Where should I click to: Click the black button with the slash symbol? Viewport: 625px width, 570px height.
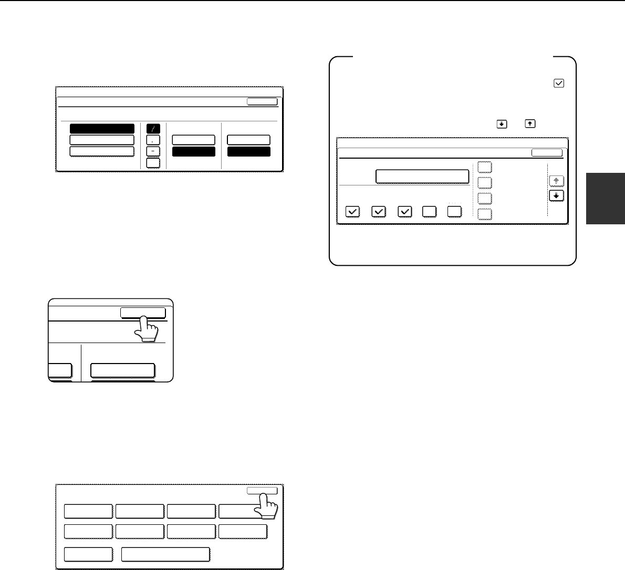[153, 129]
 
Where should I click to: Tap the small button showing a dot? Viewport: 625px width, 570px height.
[153, 140]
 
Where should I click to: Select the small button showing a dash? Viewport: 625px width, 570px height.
[153, 151]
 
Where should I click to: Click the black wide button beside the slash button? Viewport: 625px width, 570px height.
[102, 129]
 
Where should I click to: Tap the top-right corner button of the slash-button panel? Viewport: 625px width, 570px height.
[262, 102]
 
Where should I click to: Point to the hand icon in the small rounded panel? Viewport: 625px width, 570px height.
[145, 329]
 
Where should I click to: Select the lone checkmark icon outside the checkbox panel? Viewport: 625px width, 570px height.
[559, 83]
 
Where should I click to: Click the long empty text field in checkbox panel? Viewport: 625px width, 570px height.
[422, 176]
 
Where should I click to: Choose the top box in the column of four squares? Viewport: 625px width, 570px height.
[485, 167]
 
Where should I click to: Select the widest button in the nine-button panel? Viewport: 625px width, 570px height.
[165, 554]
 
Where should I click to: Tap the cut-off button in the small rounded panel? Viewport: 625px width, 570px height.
[60, 370]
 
